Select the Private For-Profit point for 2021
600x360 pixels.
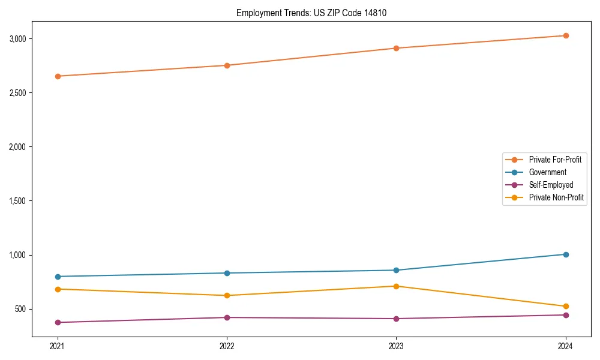tap(58, 76)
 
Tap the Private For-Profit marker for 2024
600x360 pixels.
tap(566, 35)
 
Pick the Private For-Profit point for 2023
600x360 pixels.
tap(396, 48)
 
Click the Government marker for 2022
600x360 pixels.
tap(227, 273)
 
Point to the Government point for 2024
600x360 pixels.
tap(566, 254)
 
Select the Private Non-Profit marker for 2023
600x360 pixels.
tap(396, 286)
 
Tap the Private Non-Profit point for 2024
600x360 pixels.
tap(566, 307)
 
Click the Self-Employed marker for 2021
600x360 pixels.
tap(58, 322)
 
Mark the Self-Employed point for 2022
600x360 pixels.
tap(227, 317)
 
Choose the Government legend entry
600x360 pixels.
tap(547, 172)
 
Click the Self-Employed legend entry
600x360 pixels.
tap(551, 185)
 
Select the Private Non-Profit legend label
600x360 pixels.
tap(556, 197)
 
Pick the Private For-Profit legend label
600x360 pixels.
tap(555, 160)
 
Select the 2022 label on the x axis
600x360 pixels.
tap(227, 346)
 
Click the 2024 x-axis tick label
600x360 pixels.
tap(566, 346)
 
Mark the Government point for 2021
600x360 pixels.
tap(58, 277)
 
